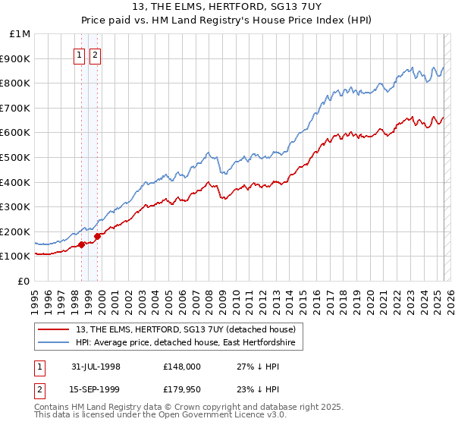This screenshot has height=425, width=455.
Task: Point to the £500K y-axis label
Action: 17,158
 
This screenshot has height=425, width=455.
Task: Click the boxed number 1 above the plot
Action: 80,55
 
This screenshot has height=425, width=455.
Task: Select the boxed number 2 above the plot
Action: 96,55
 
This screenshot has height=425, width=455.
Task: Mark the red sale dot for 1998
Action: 82,244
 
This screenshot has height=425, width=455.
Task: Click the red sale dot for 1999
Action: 97,237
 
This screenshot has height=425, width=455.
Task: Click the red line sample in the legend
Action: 53,329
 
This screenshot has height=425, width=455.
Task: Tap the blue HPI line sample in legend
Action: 53,343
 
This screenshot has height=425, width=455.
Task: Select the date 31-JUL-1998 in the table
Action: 96,367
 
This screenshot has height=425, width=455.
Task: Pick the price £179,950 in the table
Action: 182,389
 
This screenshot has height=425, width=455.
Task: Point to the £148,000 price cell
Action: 182,367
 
